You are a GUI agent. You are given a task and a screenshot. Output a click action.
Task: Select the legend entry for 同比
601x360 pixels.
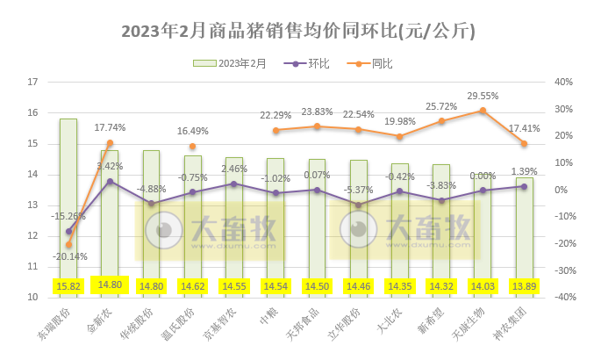[x=372, y=64]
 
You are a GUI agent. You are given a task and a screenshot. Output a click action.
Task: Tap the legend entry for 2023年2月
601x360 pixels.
[x=233, y=64]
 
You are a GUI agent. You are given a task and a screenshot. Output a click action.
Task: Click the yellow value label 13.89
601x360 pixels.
[x=524, y=286]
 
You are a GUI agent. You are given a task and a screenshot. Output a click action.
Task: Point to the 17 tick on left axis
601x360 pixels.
[x=34, y=82]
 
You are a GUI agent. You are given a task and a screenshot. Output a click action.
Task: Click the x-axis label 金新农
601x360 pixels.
[x=100, y=320]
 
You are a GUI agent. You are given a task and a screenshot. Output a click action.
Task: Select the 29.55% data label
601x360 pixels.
[x=483, y=97]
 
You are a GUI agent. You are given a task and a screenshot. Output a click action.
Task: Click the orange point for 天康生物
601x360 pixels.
[x=483, y=111]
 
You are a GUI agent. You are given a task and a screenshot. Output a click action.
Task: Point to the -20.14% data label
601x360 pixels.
[x=68, y=257]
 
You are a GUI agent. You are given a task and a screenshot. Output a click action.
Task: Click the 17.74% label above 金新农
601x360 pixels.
[x=110, y=128]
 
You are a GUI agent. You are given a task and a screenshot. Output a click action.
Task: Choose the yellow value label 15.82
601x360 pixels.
[x=68, y=286]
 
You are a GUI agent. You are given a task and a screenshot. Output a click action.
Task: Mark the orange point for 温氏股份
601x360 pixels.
[x=192, y=147]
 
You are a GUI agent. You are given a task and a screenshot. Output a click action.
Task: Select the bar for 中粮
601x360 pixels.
[x=275, y=220]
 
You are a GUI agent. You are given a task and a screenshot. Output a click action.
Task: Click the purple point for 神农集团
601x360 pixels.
[x=524, y=186]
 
